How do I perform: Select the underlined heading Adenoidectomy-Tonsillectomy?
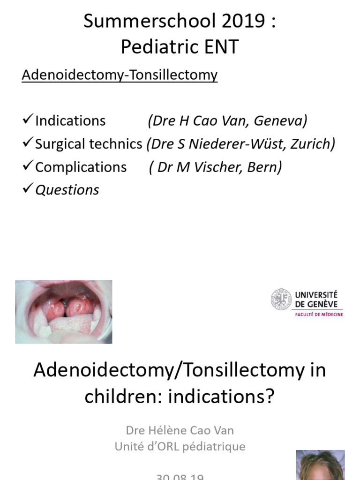[x=120, y=75]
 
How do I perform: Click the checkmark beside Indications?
[x=27, y=120]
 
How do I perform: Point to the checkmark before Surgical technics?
[x=27, y=143]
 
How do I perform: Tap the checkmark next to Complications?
[x=27, y=166]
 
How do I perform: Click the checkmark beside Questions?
[x=27, y=189]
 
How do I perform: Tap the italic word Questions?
[x=67, y=190]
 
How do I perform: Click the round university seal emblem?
[x=281, y=299]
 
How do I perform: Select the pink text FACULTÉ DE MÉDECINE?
[x=319, y=315]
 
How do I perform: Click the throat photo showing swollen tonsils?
[x=64, y=312]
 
